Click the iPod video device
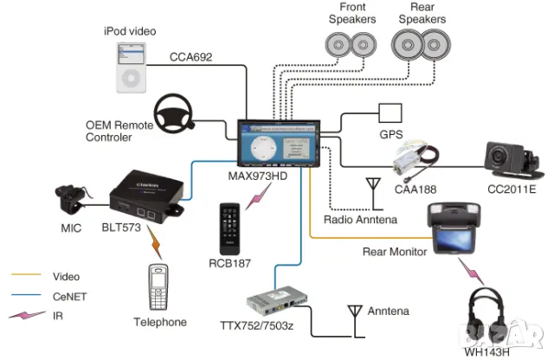tap(129, 67)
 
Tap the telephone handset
tap(158, 286)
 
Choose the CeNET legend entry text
tap(70, 296)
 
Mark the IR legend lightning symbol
tap(29, 316)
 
